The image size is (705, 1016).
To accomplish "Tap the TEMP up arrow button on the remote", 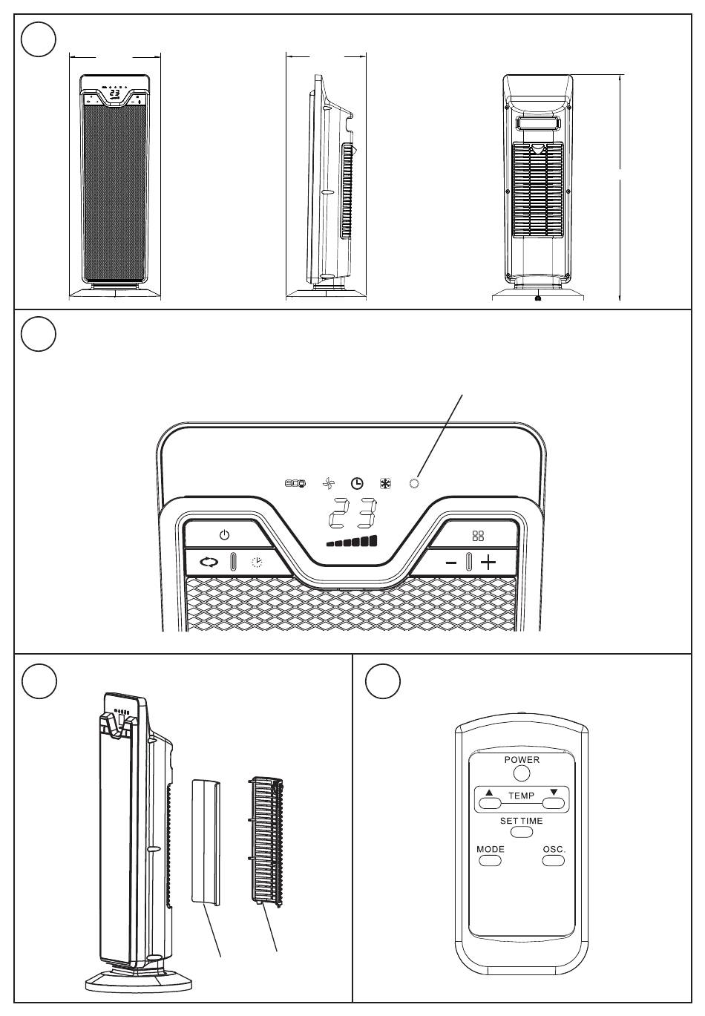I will (x=489, y=802).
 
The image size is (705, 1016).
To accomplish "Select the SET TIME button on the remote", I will (x=521, y=833).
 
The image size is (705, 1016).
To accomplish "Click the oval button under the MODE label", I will (x=490, y=861).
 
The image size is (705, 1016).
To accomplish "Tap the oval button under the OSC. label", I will (x=553, y=861).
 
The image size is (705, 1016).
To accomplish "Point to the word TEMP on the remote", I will (x=521, y=796).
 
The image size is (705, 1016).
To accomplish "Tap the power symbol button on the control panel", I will (x=224, y=535).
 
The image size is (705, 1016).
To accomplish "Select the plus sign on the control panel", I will (x=488, y=562).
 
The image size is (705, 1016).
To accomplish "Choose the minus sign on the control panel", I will (x=451, y=563).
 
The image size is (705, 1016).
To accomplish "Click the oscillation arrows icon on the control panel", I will (x=210, y=562).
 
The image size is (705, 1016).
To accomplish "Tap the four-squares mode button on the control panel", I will (x=478, y=535).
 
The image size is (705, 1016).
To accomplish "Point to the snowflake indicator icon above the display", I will (x=385, y=483).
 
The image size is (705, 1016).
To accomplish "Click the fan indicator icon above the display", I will (x=329, y=483).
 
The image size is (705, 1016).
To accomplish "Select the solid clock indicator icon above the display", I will (x=357, y=483).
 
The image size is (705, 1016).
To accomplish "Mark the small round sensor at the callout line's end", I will (x=414, y=483).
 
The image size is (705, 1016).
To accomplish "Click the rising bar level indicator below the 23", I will (x=352, y=541).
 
